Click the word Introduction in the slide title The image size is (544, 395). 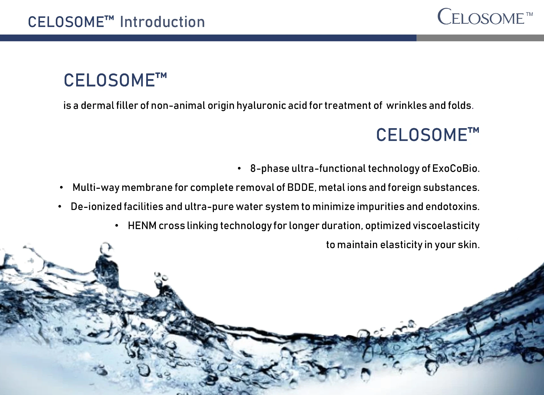click(x=162, y=22)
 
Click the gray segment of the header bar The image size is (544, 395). click(x=480, y=38)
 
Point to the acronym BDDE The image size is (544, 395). click(x=301, y=187)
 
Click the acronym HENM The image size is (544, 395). click(x=142, y=225)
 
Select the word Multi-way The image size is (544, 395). click(x=96, y=188)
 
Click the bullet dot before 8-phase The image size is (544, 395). click(x=239, y=168)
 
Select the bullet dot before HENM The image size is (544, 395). click(x=117, y=225)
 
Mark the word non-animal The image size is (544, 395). click(x=178, y=105)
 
